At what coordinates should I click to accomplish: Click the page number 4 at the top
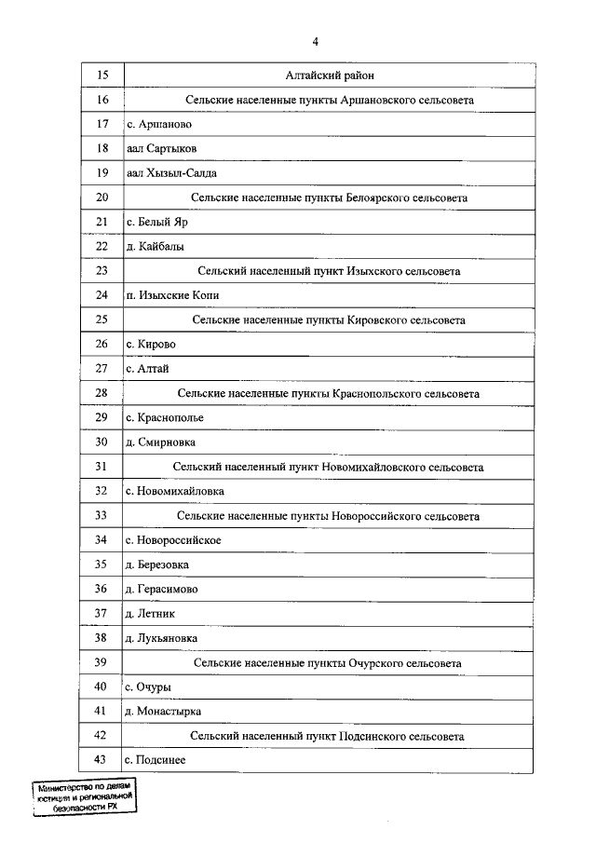click(x=316, y=41)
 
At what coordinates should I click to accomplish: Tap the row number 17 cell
click(x=102, y=124)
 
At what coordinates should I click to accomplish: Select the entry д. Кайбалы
click(x=155, y=247)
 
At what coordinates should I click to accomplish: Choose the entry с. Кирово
click(x=151, y=345)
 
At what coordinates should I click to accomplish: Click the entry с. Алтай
click(x=147, y=369)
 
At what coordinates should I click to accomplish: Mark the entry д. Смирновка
click(x=160, y=442)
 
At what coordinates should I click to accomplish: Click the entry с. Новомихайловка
click(x=174, y=491)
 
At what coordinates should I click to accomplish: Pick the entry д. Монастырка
click(x=163, y=712)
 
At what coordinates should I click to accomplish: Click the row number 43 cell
click(x=102, y=761)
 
